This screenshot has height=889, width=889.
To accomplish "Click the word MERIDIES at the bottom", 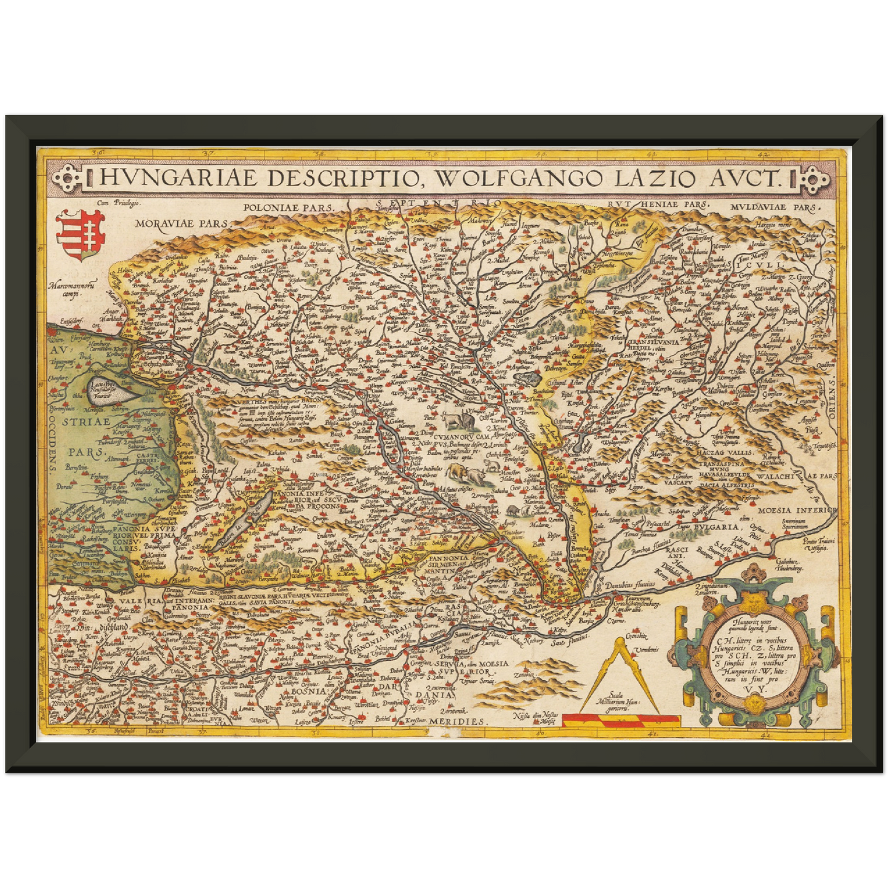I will click(456, 720).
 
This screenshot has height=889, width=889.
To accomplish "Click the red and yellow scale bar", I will click(621, 719).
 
